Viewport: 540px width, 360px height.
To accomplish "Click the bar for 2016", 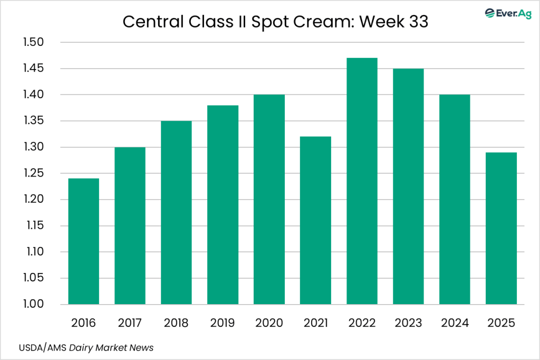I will point(83,241).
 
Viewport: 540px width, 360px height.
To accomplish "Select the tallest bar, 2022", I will point(362,181).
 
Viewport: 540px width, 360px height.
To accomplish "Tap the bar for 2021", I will point(315,220).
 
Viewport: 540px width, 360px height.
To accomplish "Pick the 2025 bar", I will point(501,228).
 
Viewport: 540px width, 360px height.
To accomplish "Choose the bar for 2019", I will point(223,205).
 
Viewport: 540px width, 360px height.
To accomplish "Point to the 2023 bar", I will point(408,186).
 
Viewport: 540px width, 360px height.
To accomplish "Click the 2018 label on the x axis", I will point(176,322).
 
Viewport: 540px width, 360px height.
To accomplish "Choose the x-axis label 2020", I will point(269,322).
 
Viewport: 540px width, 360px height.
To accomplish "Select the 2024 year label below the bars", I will point(455,322).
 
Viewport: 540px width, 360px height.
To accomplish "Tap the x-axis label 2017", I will point(130,322).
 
